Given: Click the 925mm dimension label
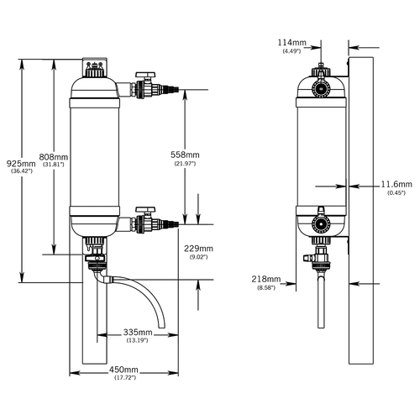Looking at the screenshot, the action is (x=21, y=164).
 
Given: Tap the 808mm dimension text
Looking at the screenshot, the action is (x=54, y=157).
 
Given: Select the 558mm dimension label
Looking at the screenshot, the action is (x=185, y=155).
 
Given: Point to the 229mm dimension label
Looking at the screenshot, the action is (x=198, y=249).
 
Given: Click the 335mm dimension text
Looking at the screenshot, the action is (x=138, y=333).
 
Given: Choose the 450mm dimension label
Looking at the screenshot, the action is (x=123, y=370).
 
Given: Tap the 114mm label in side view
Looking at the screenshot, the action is (x=292, y=43).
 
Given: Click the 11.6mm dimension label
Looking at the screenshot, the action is (x=396, y=184).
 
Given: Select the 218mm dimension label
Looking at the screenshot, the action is (x=266, y=279).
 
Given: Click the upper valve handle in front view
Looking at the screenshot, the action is (x=145, y=75).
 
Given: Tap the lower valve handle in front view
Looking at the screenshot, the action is (x=145, y=209).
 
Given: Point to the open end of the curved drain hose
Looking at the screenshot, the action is (x=162, y=327).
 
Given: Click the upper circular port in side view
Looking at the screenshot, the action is (x=321, y=89).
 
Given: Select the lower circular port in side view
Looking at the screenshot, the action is (x=321, y=224).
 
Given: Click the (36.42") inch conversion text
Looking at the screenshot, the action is (x=22, y=171).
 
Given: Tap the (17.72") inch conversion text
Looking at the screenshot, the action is (x=125, y=377).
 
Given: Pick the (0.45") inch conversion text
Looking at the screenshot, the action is (x=396, y=192).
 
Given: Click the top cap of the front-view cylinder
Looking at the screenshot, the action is (x=95, y=67).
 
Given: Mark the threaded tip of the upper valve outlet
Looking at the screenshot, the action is (x=173, y=90).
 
